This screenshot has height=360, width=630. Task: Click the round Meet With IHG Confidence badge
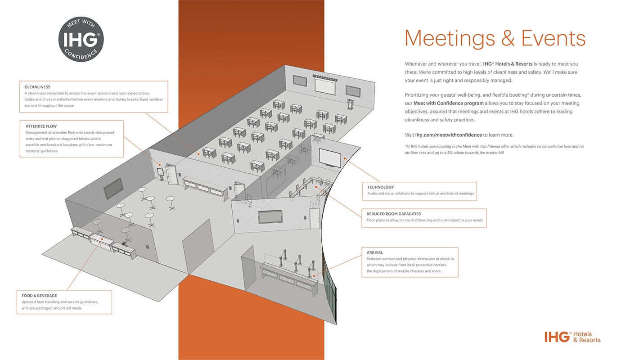pos(81,40)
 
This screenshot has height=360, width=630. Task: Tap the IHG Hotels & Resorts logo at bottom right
pos(572,337)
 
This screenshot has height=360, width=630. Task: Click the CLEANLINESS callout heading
pos(37,87)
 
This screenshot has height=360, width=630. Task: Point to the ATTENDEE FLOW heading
pos(41,126)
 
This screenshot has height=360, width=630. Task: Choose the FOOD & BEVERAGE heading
pos(39,296)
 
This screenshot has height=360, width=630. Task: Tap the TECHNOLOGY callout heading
pos(380,187)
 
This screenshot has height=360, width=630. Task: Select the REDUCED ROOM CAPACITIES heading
pos(393,214)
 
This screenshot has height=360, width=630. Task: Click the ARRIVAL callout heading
pos(375,252)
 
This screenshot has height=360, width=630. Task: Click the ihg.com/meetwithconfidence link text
pos(448,135)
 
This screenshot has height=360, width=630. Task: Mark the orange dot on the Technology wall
pos(345,158)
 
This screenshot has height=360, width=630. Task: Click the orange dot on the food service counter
pos(102,239)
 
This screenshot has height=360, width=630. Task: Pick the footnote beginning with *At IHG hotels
pos(494,149)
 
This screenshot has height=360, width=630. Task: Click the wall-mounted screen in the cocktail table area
pos(113,189)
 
